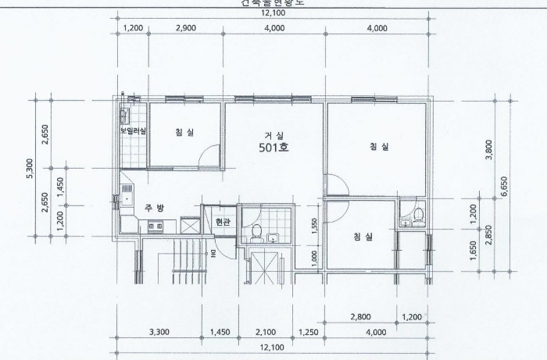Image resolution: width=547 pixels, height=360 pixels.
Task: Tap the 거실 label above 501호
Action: point(273,134)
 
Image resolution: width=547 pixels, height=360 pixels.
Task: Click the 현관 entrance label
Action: point(223,222)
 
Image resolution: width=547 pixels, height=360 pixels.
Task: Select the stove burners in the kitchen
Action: point(153,226)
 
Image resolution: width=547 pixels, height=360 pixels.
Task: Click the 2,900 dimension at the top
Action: point(185,28)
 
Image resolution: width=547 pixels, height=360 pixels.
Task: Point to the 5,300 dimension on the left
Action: point(30,168)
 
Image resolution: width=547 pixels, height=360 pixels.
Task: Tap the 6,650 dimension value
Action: point(505,187)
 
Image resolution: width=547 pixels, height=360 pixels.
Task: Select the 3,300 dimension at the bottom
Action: point(159,333)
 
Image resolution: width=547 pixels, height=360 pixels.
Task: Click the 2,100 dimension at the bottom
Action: point(266,333)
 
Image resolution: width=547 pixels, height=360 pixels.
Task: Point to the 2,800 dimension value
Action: point(360,317)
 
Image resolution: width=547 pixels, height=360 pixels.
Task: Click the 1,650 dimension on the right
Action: point(474,251)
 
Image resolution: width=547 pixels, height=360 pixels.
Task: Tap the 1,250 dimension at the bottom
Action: point(309,333)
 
